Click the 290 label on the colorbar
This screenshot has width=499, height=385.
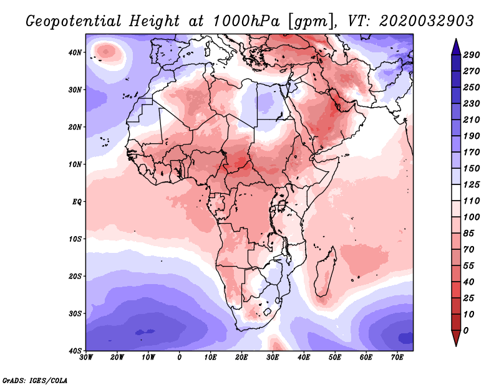[471, 55]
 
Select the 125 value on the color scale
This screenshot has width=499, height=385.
[471, 185]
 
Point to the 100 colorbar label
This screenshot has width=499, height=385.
[471, 215]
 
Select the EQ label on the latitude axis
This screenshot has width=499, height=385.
[77, 202]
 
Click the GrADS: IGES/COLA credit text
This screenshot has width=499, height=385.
[35, 380]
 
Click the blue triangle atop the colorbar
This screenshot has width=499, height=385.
[455, 45]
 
